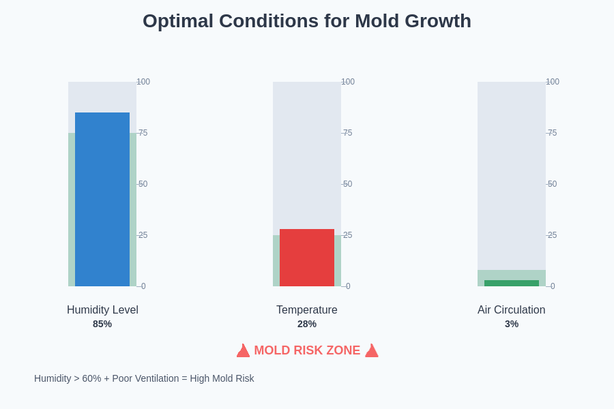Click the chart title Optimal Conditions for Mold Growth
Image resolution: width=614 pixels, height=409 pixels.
[307, 21]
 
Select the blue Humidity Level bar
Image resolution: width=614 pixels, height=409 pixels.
[102, 199]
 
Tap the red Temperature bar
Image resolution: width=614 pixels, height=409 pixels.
[307, 258]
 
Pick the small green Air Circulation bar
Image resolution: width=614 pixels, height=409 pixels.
[512, 283]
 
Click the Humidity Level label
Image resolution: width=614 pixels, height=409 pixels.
[102, 310]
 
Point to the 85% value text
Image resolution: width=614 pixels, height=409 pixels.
[102, 324]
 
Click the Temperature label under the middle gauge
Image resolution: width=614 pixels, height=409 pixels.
[307, 310]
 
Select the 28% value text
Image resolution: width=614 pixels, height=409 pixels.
[307, 324]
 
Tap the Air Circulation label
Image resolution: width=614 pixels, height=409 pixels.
[512, 310]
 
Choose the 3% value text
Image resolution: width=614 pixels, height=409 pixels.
[512, 324]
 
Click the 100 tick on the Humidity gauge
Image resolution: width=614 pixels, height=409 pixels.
[143, 82]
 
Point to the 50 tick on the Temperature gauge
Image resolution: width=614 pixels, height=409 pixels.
[347, 184]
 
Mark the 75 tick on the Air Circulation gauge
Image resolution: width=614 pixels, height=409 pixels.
[552, 133]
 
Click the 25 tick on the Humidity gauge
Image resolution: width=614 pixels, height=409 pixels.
[143, 235]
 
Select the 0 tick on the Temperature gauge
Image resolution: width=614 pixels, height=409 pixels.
[347, 286]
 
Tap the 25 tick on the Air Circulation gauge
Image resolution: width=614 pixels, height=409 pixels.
[552, 235]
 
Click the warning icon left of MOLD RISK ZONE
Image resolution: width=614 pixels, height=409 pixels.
[243, 351]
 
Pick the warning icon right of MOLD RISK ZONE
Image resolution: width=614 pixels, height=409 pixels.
[372, 351]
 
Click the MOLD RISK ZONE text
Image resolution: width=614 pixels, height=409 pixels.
[307, 350]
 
